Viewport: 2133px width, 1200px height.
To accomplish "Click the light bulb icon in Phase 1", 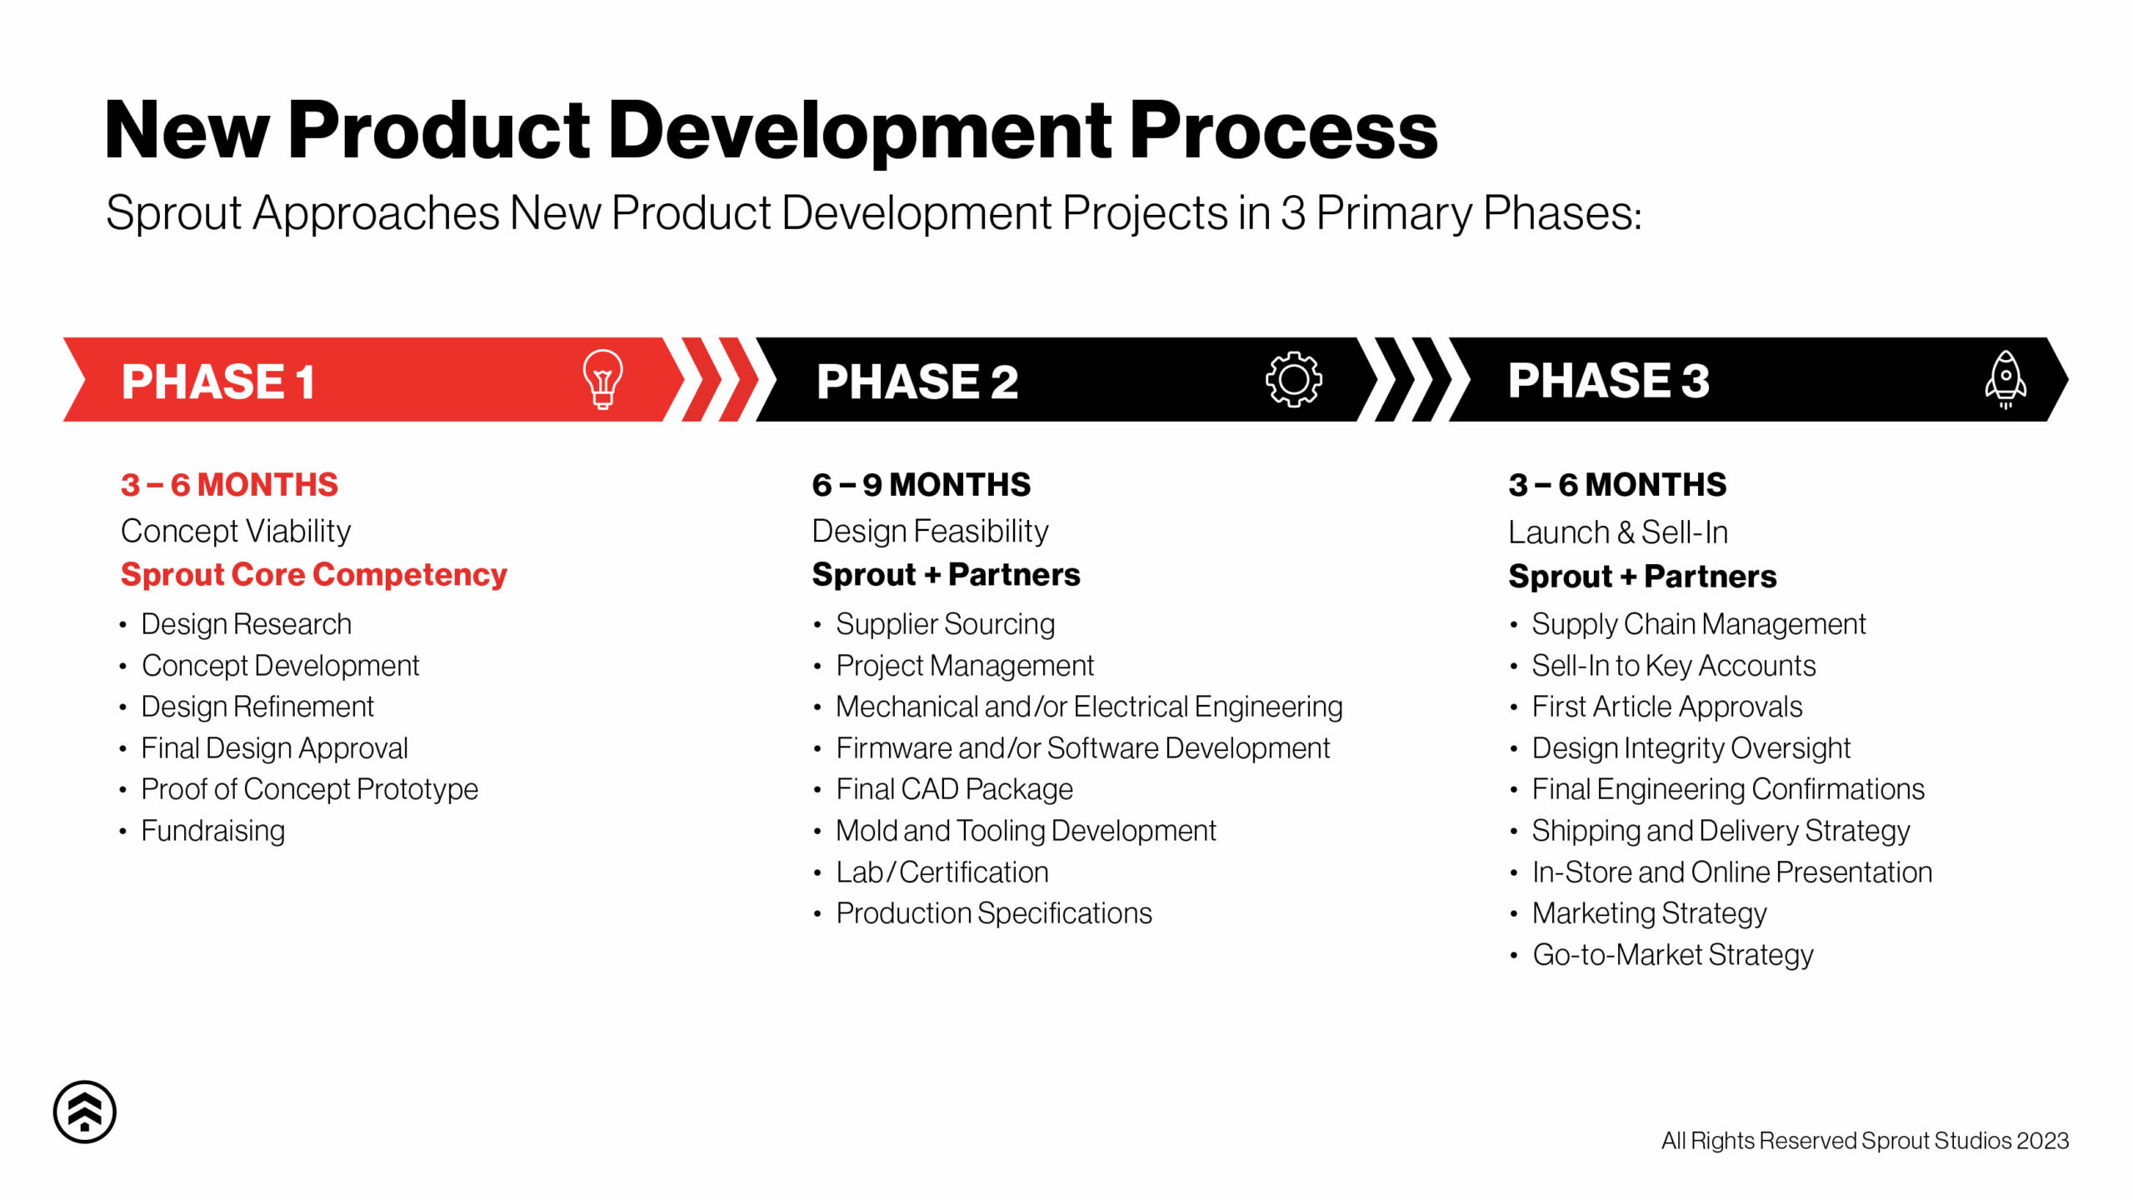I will tap(602, 379).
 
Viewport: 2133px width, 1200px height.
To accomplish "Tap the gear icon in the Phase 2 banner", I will tap(1293, 379).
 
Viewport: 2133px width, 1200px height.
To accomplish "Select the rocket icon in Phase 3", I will tap(2006, 379).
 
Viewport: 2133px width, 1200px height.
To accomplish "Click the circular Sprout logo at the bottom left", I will tap(85, 1112).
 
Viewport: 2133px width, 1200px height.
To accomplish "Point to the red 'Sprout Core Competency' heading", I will tap(313, 574).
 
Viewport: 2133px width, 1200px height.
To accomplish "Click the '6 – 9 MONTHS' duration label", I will tap(921, 484).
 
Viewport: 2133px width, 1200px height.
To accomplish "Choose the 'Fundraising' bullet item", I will tap(212, 830).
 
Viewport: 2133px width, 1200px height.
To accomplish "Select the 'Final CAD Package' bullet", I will tap(954, 788).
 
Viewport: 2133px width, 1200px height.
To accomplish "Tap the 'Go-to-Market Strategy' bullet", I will tap(1672, 954).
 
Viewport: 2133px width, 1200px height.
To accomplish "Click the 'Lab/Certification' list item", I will tap(942, 872).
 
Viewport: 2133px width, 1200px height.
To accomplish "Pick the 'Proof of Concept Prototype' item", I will tap(309, 788).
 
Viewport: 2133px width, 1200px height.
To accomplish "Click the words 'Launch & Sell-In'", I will tap(1617, 532).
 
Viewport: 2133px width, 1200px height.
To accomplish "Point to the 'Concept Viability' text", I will tap(236, 531).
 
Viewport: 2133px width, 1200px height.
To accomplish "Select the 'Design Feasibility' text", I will tap(930, 531).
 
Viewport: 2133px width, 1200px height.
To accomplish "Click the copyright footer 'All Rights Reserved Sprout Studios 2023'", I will tap(1865, 1140).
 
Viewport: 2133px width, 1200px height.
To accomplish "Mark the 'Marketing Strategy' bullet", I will tap(1649, 912).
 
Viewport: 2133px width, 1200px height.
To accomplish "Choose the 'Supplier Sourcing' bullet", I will tap(945, 623).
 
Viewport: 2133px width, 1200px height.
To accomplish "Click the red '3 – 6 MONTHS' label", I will tap(229, 484).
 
